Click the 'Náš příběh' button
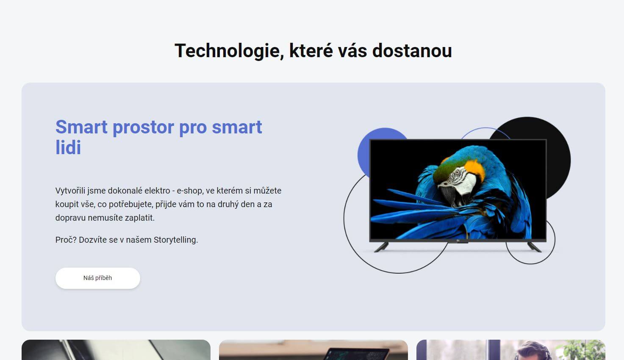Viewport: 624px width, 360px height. coord(98,278)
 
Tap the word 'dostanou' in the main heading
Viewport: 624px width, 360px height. coord(412,51)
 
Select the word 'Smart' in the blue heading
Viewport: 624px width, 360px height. coord(81,127)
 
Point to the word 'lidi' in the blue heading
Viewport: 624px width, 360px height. coord(68,147)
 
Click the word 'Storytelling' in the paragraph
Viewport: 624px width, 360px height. coord(175,240)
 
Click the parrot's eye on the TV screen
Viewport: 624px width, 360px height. coord(457,173)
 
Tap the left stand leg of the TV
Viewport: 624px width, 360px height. coord(381,247)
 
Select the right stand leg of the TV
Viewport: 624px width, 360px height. coord(535,247)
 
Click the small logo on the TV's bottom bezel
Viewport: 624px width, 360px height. coord(458,241)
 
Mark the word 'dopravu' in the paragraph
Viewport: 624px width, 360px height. coord(70,218)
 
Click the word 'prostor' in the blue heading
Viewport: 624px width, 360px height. coord(143,127)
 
